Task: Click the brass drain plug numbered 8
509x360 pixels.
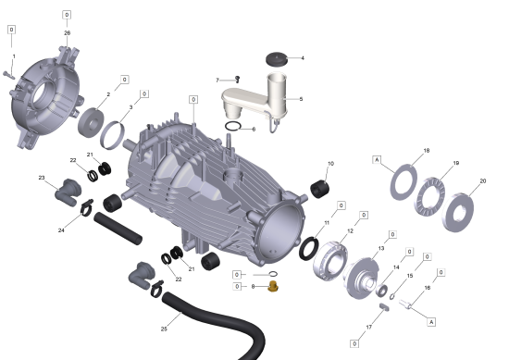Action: pos(273,286)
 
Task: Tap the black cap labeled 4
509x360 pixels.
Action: pos(277,59)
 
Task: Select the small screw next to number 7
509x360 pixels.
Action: pos(237,79)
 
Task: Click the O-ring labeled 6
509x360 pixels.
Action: pos(233,126)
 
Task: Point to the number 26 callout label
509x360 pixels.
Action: pos(68,33)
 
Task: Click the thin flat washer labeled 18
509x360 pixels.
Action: pos(403,182)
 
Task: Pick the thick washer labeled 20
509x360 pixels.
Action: pos(457,213)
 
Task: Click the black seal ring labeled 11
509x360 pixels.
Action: pos(309,248)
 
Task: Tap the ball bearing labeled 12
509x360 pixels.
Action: pos(330,261)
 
